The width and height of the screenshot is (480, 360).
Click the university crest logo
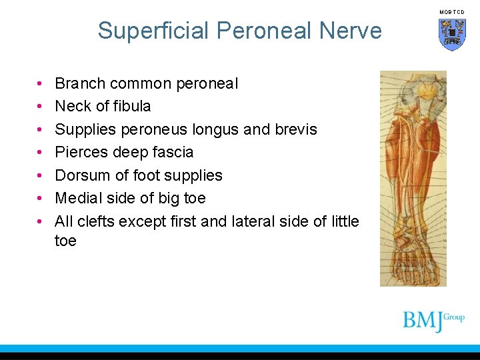(451, 34)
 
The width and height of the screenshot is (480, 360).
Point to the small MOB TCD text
(451, 12)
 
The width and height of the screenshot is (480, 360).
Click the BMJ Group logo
(433, 321)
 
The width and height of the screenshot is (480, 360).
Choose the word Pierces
(80, 152)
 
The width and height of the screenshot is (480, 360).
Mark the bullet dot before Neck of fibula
(41, 107)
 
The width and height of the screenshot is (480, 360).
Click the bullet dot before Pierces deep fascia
(41, 153)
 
